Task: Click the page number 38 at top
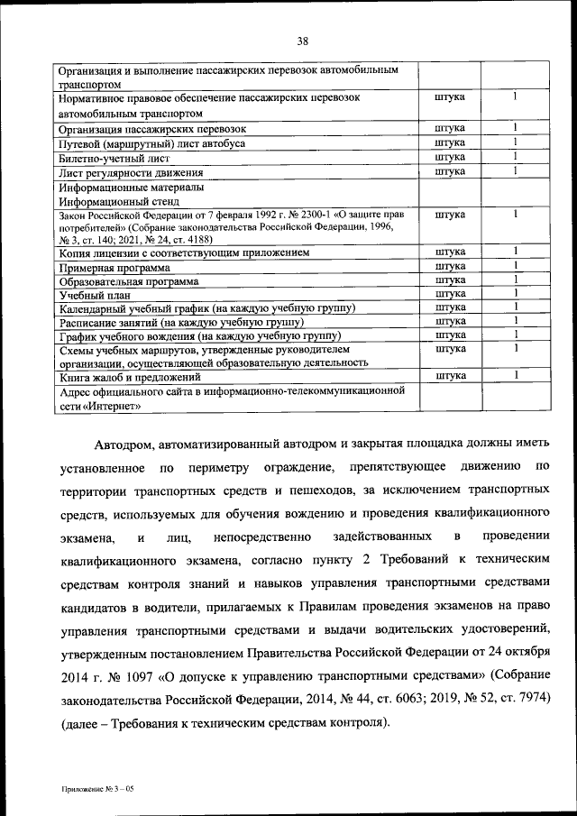pyautogui.click(x=302, y=40)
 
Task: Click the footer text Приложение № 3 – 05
pyautogui.click(x=98, y=788)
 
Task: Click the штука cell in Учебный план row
pyautogui.click(x=449, y=293)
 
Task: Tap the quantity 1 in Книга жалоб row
pyautogui.click(x=516, y=374)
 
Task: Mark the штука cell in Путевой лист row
pyautogui.click(x=449, y=142)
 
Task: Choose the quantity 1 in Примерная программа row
pyautogui.click(x=516, y=266)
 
